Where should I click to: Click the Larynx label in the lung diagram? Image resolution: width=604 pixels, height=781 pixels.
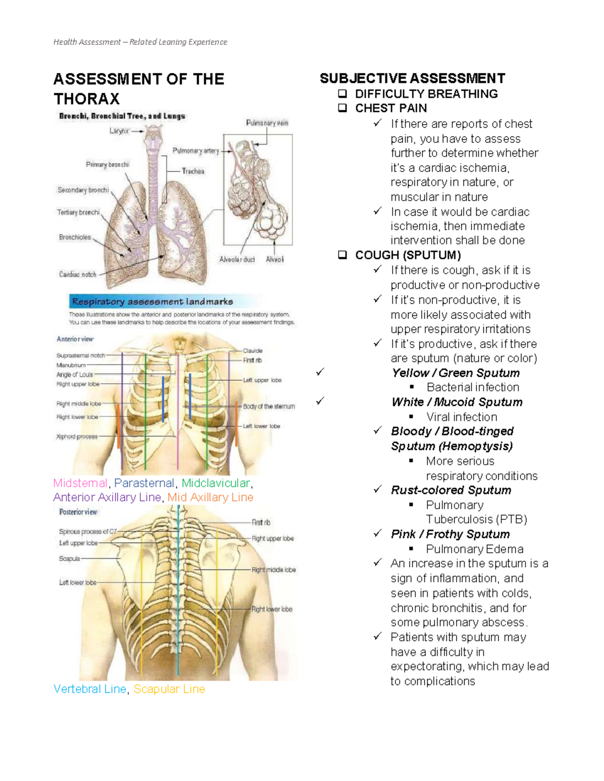[119, 131]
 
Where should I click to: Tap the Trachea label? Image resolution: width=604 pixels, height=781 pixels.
[193, 171]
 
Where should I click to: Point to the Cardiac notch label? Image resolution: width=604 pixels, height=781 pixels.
[78, 274]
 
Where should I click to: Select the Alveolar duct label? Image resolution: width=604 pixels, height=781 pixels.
[237, 259]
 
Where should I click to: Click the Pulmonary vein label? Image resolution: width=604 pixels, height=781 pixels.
[267, 123]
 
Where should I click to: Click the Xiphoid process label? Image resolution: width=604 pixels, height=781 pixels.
[77, 437]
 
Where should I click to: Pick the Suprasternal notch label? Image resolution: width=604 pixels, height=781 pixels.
[81, 356]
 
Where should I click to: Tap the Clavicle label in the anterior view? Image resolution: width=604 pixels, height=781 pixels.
[253, 351]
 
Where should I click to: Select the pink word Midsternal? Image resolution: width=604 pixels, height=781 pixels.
[81, 483]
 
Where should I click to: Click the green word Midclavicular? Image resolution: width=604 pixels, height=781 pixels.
[215, 483]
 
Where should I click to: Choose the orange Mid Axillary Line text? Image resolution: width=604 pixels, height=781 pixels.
[210, 497]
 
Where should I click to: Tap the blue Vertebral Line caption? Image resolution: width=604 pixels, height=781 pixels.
[90, 689]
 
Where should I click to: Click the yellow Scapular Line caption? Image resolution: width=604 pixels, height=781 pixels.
[169, 689]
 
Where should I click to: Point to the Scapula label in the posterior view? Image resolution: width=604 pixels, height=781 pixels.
[69, 559]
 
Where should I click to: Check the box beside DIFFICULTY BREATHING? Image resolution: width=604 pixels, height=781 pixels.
[343, 94]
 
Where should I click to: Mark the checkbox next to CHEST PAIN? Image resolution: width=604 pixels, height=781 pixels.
[343, 108]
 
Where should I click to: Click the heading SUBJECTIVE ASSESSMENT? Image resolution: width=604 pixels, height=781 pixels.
[412, 78]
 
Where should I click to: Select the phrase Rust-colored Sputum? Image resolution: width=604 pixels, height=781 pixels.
[451, 490]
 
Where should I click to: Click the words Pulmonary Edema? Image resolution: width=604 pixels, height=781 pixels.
[475, 549]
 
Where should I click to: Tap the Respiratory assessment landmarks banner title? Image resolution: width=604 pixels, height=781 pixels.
[153, 302]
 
